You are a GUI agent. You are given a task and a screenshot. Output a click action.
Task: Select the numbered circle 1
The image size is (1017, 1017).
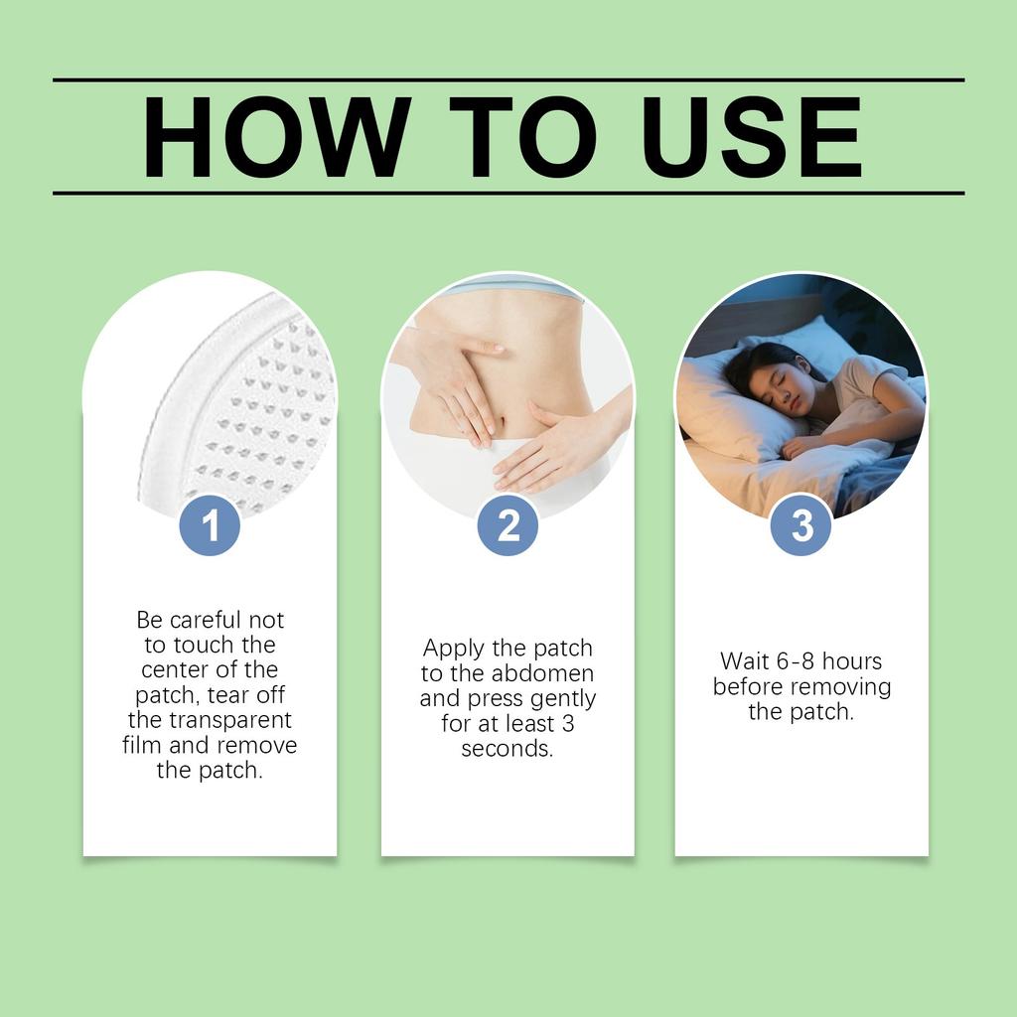[210, 525]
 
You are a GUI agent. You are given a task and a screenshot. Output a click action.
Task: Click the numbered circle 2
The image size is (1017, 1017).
[508, 525]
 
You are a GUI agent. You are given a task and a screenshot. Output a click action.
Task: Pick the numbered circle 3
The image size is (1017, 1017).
[801, 525]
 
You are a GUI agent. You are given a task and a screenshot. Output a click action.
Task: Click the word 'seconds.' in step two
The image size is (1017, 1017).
[508, 749]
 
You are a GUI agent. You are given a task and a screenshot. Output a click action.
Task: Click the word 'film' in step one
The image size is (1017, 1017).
[142, 745]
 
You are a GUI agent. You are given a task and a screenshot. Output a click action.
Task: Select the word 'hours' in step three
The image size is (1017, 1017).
[853, 661]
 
